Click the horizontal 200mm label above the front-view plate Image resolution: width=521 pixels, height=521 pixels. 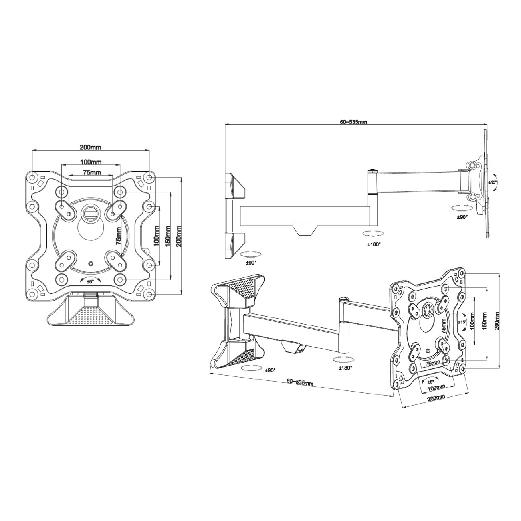pyautogui.click(x=90, y=147)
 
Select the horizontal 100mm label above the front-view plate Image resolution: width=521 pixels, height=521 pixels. pyautogui.click(x=91, y=162)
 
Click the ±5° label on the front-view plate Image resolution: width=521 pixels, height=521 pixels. pyautogui.click(x=90, y=281)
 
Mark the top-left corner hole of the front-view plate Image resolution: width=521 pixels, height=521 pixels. pyautogui.click(x=32, y=178)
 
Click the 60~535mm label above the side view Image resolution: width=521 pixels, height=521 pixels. pyautogui.click(x=353, y=122)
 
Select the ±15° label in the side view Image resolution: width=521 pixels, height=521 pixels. pyautogui.click(x=492, y=182)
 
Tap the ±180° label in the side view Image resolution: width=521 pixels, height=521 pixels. pyautogui.click(x=374, y=244)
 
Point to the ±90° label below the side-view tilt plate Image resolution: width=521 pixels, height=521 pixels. pyautogui.click(x=462, y=216)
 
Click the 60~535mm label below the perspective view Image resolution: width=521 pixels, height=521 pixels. pyautogui.click(x=300, y=383)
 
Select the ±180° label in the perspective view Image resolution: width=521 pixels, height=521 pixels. pyautogui.click(x=345, y=368)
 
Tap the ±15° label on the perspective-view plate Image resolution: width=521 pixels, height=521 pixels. pyautogui.click(x=462, y=322)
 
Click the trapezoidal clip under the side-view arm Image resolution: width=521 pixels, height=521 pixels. pyautogui.click(x=305, y=229)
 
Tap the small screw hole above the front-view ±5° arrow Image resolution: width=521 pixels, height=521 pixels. pyautogui.click(x=91, y=263)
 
